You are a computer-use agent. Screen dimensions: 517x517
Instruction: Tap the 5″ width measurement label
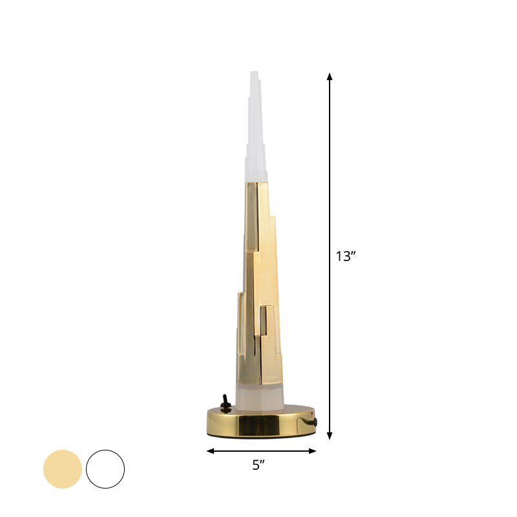point(259,464)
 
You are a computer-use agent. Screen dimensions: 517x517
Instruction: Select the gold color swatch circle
point(63,469)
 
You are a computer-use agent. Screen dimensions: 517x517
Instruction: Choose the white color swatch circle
point(105,469)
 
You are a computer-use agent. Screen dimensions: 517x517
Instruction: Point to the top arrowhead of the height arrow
point(330,76)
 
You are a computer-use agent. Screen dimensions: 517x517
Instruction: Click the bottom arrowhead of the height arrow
point(330,436)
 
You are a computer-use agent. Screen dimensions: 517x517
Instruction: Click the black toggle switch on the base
point(226,403)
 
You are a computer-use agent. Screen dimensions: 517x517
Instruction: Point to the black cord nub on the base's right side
point(317,423)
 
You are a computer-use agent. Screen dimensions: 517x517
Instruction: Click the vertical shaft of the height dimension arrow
point(330,194)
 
